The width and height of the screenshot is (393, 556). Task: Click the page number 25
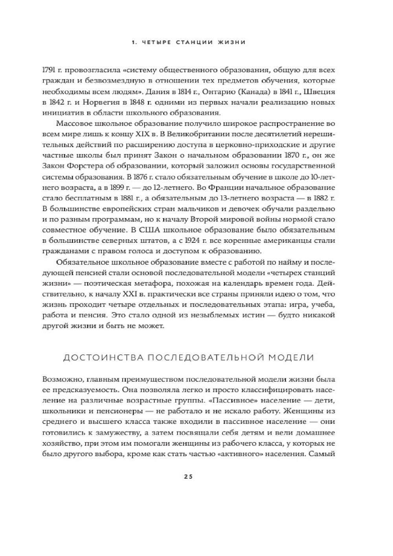pyautogui.click(x=187, y=477)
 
